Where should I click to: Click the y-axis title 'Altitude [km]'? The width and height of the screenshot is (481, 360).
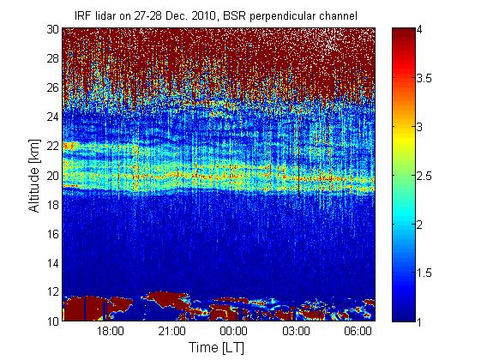click(34, 176)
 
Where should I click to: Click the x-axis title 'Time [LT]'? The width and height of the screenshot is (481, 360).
click(217, 347)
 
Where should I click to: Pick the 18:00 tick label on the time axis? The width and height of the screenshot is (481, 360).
click(111, 331)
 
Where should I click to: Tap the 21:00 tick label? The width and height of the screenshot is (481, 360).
click(172, 331)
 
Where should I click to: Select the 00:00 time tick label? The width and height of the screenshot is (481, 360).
click(234, 331)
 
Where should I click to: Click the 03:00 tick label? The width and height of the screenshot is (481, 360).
click(296, 331)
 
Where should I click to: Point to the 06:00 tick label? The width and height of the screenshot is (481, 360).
click(358, 331)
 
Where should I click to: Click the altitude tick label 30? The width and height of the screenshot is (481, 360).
click(53, 29)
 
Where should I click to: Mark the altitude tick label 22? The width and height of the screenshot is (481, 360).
click(53, 146)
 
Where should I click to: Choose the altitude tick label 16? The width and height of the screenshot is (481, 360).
click(53, 234)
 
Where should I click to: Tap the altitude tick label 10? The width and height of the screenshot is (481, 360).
click(53, 321)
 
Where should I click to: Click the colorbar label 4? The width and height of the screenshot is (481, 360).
click(419, 30)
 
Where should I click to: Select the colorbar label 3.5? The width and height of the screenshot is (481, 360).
click(424, 78)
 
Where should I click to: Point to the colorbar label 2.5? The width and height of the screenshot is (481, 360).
click(424, 176)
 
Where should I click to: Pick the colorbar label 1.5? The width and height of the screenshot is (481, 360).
click(424, 273)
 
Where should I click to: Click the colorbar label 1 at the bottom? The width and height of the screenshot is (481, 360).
click(418, 322)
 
